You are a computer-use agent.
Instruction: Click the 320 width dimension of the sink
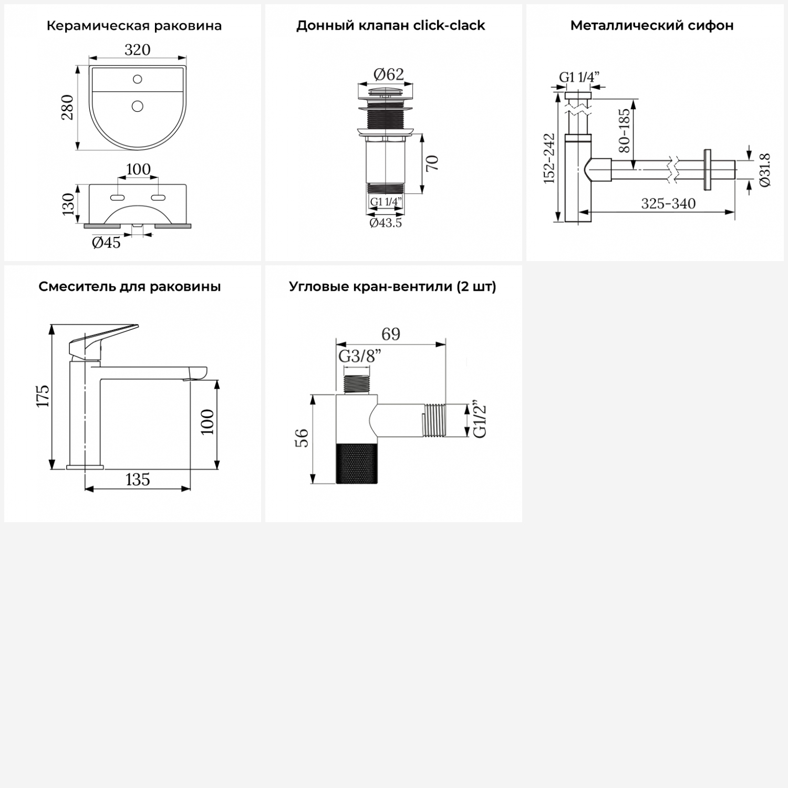(x=138, y=49)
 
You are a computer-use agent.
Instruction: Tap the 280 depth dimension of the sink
(x=68, y=107)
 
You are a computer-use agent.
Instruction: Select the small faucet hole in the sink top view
(x=138, y=79)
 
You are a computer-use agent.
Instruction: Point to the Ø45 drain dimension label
(x=106, y=242)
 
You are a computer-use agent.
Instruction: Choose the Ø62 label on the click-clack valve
(x=389, y=75)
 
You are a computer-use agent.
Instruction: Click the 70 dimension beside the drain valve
(x=432, y=163)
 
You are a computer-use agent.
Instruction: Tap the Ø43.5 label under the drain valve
(x=386, y=223)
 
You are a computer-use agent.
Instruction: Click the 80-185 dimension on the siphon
(x=624, y=131)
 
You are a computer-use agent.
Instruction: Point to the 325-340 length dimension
(x=668, y=203)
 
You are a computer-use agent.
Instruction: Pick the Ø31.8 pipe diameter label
(x=765, y=170)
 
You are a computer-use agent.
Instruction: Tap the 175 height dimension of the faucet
(x=43, y=396)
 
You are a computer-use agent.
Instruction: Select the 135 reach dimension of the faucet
(x=138, y=479)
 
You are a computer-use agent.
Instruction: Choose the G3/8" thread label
(x=359, y=356)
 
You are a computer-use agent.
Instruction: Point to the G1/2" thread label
(x=480, y=421)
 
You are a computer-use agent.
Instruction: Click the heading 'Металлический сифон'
(x=652, y=25)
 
